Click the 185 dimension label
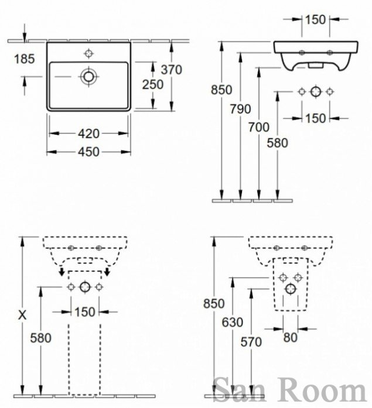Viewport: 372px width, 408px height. coord(24,59)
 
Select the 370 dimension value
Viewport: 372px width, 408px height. coord(171,70)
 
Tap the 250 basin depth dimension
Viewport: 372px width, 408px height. coord(152,84)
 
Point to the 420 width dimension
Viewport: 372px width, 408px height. coord(89,133)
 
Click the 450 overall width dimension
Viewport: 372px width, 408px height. coord(89,152)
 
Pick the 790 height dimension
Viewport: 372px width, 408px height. coord(240,109)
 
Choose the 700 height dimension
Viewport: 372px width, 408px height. coord(259,128)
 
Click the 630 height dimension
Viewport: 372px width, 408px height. coord(233,323)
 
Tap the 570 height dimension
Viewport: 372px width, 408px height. coord(251,342)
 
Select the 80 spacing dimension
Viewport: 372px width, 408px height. coord(290,338)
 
